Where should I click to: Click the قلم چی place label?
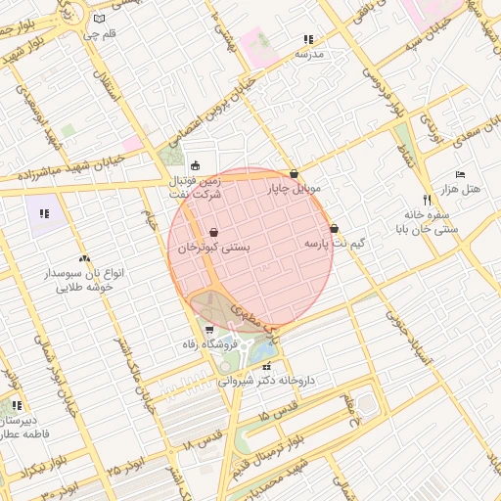[x=98, y=34]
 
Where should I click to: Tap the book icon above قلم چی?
[x=98, y=19]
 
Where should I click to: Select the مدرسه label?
[x=309, y=55]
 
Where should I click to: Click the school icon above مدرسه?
[x=309, y=40]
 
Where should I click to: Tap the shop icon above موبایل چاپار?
[x=294, y=174]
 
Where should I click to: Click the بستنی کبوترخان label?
[x=213, y=249]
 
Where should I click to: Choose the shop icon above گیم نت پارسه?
[x=334, y=228]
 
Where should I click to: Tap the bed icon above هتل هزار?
[x=461, y=173]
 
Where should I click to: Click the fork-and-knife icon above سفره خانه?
[x=427, y=200]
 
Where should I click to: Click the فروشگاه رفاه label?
[x=208, y=345]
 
